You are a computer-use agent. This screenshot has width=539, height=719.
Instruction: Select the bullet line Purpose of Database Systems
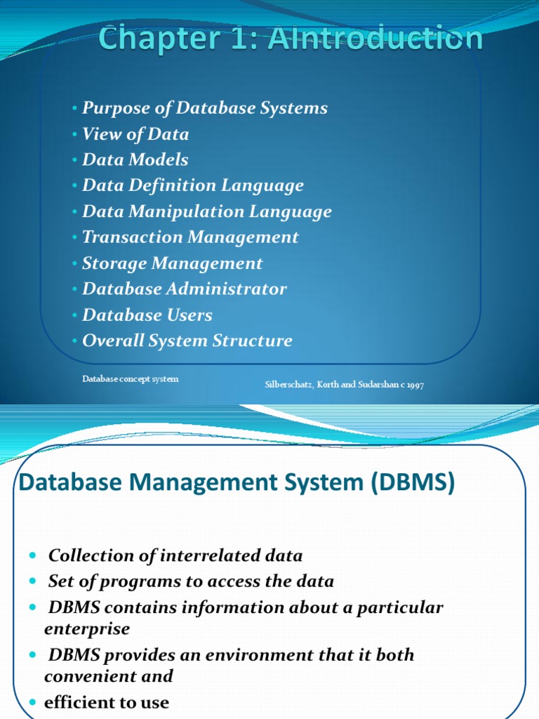click(204, 108)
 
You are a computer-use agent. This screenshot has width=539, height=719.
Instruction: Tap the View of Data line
click(135, 134)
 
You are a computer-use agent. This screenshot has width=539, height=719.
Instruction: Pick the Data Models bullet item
click(135, 160)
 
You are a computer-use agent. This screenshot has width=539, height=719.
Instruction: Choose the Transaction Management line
click(190, 237)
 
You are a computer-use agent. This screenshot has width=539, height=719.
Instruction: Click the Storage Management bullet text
click(172, 263)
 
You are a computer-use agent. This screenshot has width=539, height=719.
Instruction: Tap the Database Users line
click(147, 315)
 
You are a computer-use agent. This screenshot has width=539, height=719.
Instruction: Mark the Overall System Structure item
click(187, 341)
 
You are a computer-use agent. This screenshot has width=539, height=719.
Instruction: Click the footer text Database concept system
click(130, 379)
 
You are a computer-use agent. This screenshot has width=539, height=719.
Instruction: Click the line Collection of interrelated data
click(175, 556)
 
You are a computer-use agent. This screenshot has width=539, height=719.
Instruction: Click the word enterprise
click(87, 629)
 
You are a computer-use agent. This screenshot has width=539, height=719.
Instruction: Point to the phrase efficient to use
click(107, 702)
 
